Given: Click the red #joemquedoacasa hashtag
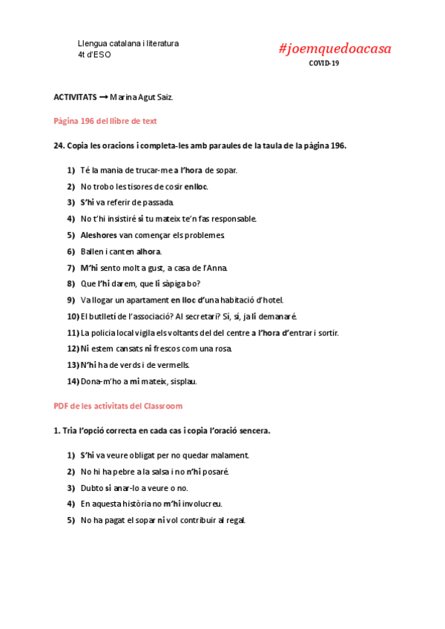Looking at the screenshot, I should (334, 49).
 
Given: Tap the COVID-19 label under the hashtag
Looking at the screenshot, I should (325, 63).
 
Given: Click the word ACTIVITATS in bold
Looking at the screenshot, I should (75, 97).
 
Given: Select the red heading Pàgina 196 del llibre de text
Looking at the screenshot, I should (105, 121).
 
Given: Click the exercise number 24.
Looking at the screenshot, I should (59, 146).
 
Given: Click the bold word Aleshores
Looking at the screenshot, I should (99, 235).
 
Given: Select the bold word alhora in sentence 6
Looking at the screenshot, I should (148, 251).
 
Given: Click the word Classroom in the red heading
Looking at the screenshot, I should (160, 406).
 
